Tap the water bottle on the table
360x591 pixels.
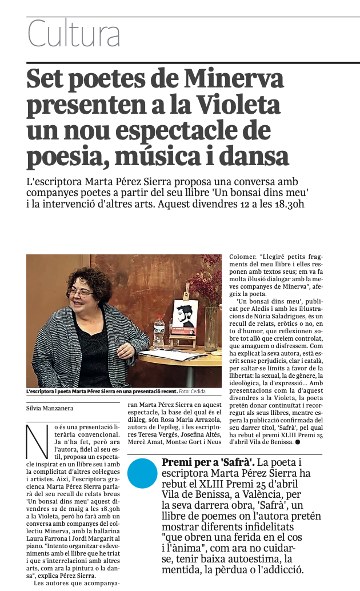pos(159,332)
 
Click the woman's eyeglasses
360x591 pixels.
pos(81,292)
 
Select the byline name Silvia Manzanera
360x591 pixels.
pos(50,409)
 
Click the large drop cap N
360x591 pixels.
pos(37,442)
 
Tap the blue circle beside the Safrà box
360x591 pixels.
pos(142,473)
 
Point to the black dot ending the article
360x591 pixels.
pos(298,442)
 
